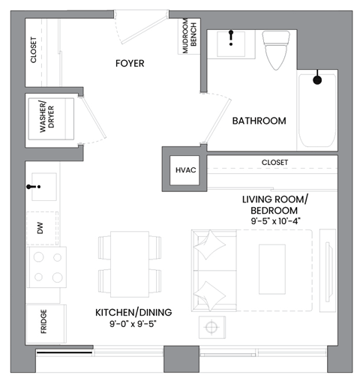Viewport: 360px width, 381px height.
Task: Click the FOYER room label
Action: (x=129, y=64)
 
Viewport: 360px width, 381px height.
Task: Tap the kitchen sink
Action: (x=41, y=186)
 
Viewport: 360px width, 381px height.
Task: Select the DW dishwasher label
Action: (x=40, y=229)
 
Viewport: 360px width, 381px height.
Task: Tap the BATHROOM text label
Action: (x=259, y=121)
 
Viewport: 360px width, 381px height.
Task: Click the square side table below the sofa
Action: (x=213, y=328)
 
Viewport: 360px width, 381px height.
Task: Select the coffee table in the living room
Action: (x=271, y=265)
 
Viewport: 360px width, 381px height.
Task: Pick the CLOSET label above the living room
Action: (x=274, y=162)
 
